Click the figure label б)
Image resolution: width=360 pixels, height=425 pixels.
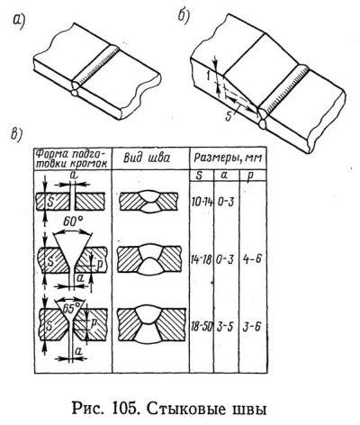click(x=184, y=17)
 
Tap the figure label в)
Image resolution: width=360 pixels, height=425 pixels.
click(x=16, y=133)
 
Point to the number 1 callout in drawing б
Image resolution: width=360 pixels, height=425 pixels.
click(x=208, y=77)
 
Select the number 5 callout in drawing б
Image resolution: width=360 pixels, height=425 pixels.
click(x=229, y=117)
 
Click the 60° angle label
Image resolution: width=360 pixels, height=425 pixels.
click(x=73, y=222)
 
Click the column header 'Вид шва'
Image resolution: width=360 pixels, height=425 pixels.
click(x=146, y=158)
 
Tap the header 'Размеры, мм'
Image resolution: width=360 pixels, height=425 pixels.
click(x=228, y=158)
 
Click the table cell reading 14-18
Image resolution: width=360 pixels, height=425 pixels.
click(x=202, y=258)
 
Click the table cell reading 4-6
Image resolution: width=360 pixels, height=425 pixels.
click(x=252, y=258)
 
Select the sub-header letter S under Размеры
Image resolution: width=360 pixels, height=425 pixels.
click(x=199, y=176)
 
